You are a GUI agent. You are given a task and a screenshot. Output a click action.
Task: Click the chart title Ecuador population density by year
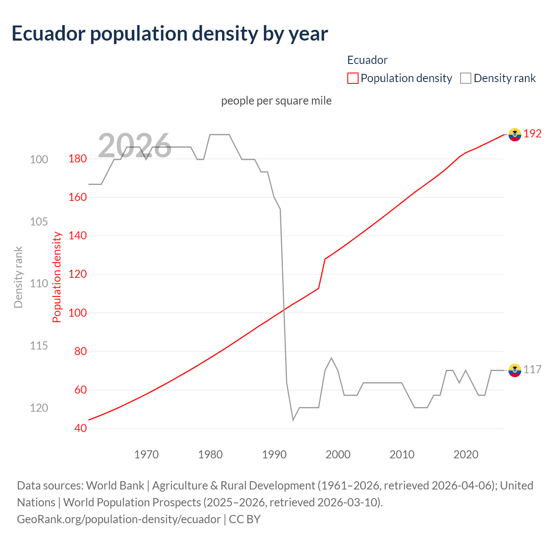pyautogui.click(x=170, y=34)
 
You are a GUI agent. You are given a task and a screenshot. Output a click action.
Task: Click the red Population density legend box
pyautogui.click(x=353, y=78)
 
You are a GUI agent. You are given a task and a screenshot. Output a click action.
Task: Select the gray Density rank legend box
pyautogui.click(x=465, y=78)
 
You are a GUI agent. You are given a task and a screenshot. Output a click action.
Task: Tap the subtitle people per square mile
pyautogui.click(x=276, y=101)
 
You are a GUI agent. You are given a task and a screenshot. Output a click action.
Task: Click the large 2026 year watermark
pyautogui.click(x=134, y=146)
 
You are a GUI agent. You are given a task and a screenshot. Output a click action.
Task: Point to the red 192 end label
pyautogui.click(x=532, y=133)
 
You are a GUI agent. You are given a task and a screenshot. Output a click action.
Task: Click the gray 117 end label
pyautogui.click(x=532, y=370)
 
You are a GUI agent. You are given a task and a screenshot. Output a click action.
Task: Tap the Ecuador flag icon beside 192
pyautogui.click(x=515, y=134)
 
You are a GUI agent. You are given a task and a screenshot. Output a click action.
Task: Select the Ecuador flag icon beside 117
pyautogui.click(x=515, y=370)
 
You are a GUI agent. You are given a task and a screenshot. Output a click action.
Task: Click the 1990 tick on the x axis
pyautogui.click(x=274, y=454)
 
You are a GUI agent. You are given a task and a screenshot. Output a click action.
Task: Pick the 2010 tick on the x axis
pyautogui.click(x=402, y=454)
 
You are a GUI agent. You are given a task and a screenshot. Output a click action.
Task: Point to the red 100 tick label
pyautogui.click(x=77, y=313)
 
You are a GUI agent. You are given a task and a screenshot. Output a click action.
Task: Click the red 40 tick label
pyautogui.click(x=80, y=428)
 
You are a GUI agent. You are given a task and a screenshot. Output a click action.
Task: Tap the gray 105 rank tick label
pyautogui.click(x=39, y=222)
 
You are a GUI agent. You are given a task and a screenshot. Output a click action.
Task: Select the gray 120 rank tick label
pyautogui.click(x=39, y=408)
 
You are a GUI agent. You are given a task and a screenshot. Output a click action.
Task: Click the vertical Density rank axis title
pyautogui.click(x=18, y=277)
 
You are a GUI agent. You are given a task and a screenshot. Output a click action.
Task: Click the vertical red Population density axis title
pyautogui.click(x=57, y=277)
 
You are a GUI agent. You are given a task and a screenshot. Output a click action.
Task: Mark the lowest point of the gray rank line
pyautogui.click(x=293, y=420)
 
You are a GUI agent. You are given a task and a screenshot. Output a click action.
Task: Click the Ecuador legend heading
pyautogui.click(x=367, y=60)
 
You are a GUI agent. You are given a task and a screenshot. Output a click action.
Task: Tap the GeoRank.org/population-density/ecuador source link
pyautogui.click(x=119, y=519)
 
